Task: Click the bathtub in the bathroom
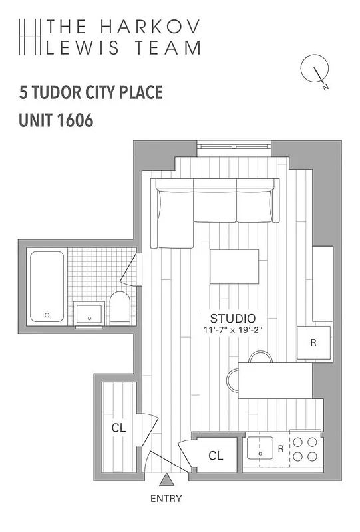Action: pyautogui.click(x=47, y=286)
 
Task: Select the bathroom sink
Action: pyautogui.click(x=89, y=313)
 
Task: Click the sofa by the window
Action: pyautogui.click(x=214, y=203)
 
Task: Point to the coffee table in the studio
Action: pyautogui.click(x=234, y=266)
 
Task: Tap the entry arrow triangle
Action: pyautogui.click(x=166, y=479)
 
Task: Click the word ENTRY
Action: pyautogui.click(x=166, y=498)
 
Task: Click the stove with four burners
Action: pyautogui.click(x=305, y=449)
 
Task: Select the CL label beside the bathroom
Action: pyautogui.click(x=119, y=427)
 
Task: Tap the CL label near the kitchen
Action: pyautogui.click(x=215, y=456)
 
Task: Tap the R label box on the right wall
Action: pyautogui.click(x=313, y=343)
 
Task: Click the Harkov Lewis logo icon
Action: pyautogui.click(x=29, y=37)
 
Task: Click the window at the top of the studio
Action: pyautogui.click(x=234, y=148)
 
